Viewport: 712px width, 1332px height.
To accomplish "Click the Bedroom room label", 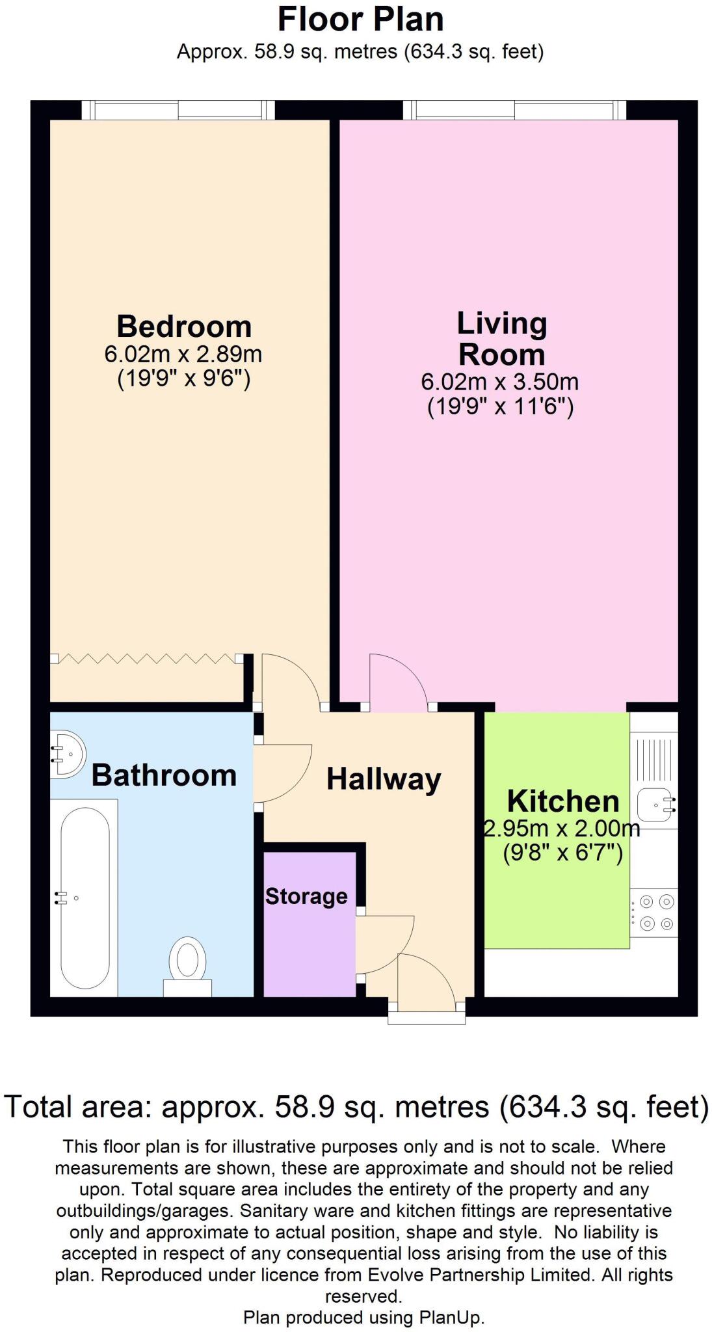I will (x=184, y=326).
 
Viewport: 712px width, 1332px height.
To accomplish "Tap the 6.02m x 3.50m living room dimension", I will (x=499, y=382).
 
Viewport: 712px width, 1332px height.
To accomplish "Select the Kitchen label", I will (x=563, y=801).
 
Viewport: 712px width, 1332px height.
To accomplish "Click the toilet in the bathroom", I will (x=187, y=965).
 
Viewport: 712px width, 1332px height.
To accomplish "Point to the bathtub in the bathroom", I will (x=85, y=898).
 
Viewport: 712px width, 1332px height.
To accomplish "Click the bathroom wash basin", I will (x=68, y=754).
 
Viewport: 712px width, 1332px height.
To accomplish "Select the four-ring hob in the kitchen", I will (x=655, y=912).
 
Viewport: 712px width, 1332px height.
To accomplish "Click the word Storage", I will (x=306, y=896).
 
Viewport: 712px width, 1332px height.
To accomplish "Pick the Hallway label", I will (x=384, y=779).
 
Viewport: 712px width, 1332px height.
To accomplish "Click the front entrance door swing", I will (x=425, y=981).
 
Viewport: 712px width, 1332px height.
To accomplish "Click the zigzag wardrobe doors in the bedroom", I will (x=146, y=659).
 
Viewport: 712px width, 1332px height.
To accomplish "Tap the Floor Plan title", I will (x=360, y=20).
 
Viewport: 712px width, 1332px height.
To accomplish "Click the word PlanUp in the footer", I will (x=450, y=1318).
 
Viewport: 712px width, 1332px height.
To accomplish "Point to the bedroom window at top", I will (x=178, y=109).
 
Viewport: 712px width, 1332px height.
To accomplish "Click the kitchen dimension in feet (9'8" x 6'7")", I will (x=563, y=852).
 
